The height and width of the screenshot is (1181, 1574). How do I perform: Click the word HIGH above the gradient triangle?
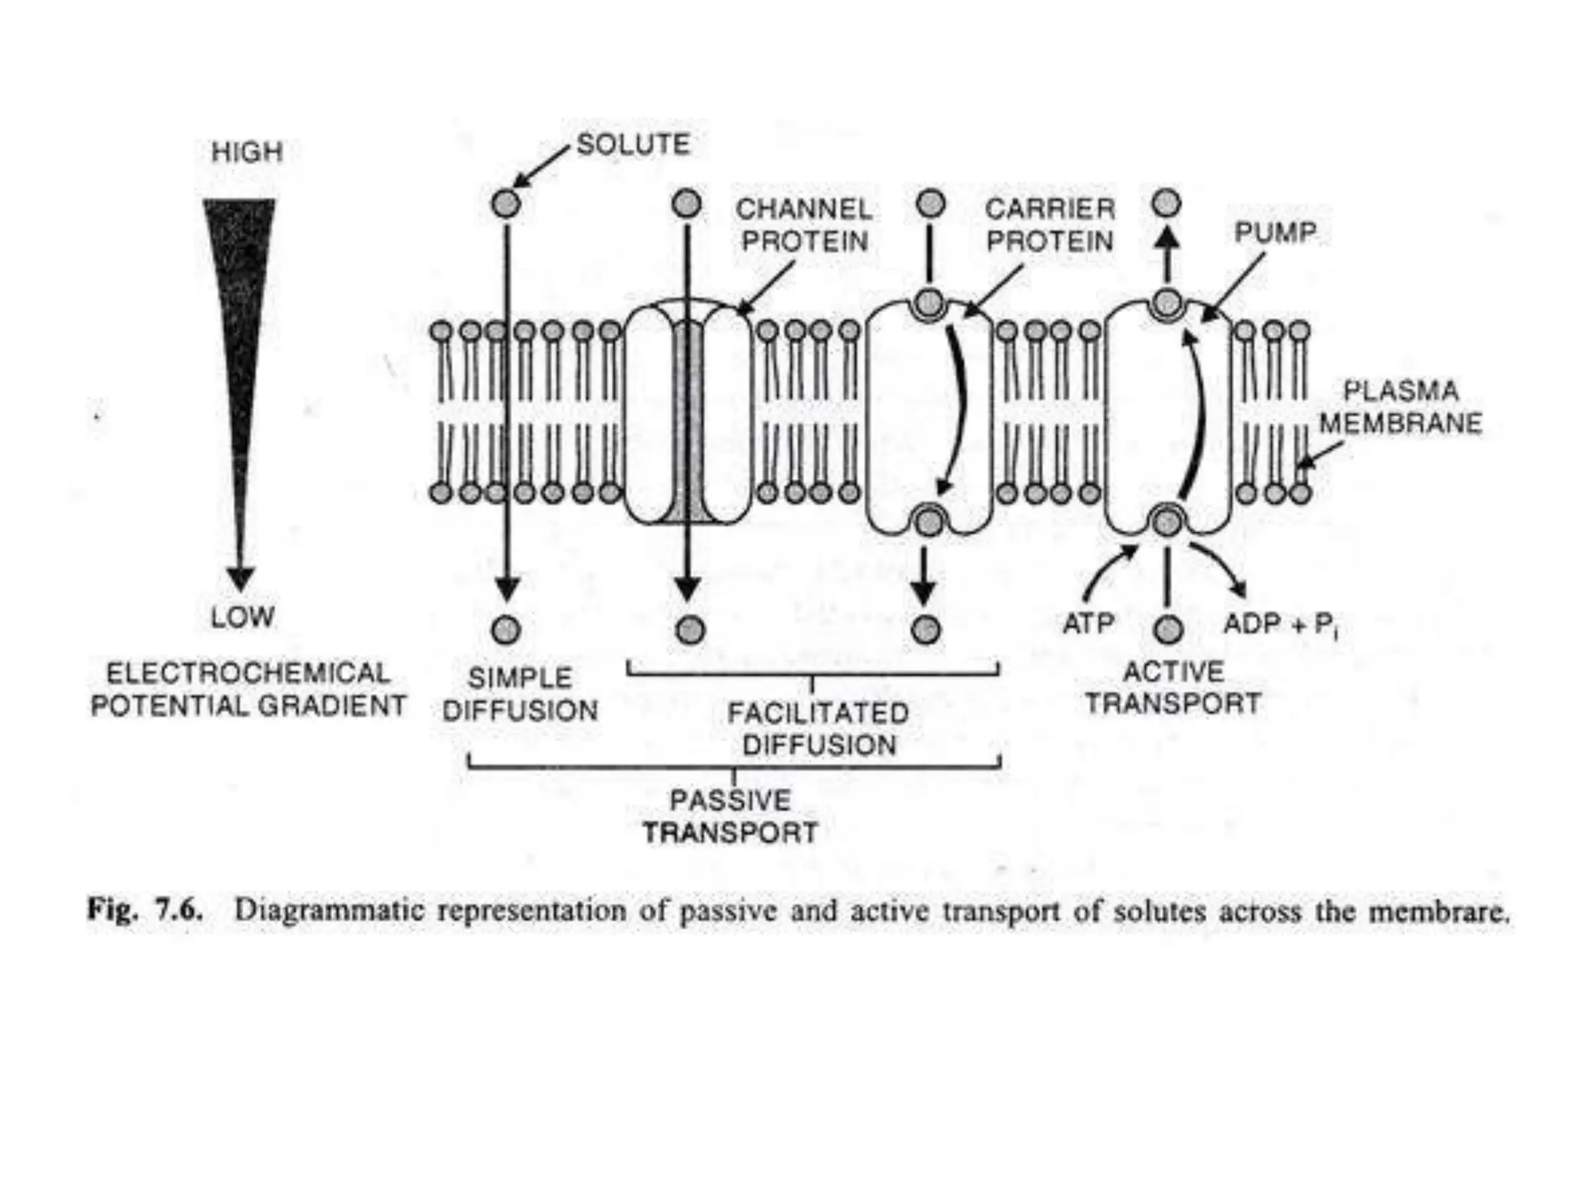(x=247, y=152)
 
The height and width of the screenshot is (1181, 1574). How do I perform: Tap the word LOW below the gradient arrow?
(x=242, y=617)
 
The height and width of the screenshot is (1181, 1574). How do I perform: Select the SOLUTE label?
(x=633, y=145)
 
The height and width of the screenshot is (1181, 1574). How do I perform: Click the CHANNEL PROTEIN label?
(x=804, y=225)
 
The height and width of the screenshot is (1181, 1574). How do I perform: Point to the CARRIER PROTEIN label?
(x=1050, y=225)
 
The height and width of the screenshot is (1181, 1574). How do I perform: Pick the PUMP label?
(x=1275, y=232)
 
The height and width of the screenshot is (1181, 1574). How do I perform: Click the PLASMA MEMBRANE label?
(x=1400, y=407)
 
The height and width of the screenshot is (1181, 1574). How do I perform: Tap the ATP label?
(x=1088, y=624)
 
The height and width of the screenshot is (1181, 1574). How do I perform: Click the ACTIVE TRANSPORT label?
(x=1173, y=687)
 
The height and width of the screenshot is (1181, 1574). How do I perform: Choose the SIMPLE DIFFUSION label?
(x=520, y=694)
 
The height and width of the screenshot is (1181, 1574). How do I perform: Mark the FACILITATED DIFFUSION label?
(x=819, y=728)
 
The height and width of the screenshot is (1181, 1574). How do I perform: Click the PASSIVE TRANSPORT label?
(x=730, y=816)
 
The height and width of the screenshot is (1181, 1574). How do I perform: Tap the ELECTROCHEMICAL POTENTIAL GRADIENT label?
(x=247, y=689)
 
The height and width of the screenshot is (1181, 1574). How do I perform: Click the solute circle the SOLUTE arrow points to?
(x=506, y=205)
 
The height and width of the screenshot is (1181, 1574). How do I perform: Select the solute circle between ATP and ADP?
(x=1168, y=630)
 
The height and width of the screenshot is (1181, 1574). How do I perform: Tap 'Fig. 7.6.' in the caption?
(x=145, y=910)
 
